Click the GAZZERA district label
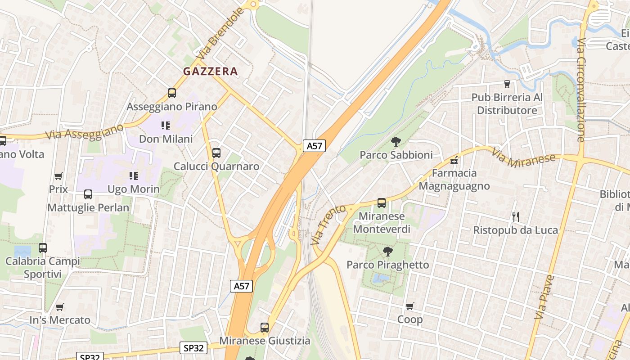[210, 71]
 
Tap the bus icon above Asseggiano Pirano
[172, 93]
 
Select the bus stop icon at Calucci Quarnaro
[216, 153]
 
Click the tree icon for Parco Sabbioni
[396, 142]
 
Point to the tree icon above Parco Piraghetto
[387, 251]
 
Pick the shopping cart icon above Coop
[409, 306]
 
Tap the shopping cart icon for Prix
[58, 176]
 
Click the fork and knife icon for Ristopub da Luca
[516, 217]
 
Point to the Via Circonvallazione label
[581, 90]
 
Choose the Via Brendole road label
[220, 34]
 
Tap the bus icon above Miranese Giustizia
[265, 328]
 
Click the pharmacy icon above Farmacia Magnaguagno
[454, 160]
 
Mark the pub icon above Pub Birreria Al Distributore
[507, 84]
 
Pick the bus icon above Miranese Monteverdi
[382, 203]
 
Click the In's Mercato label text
[60, 320]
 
